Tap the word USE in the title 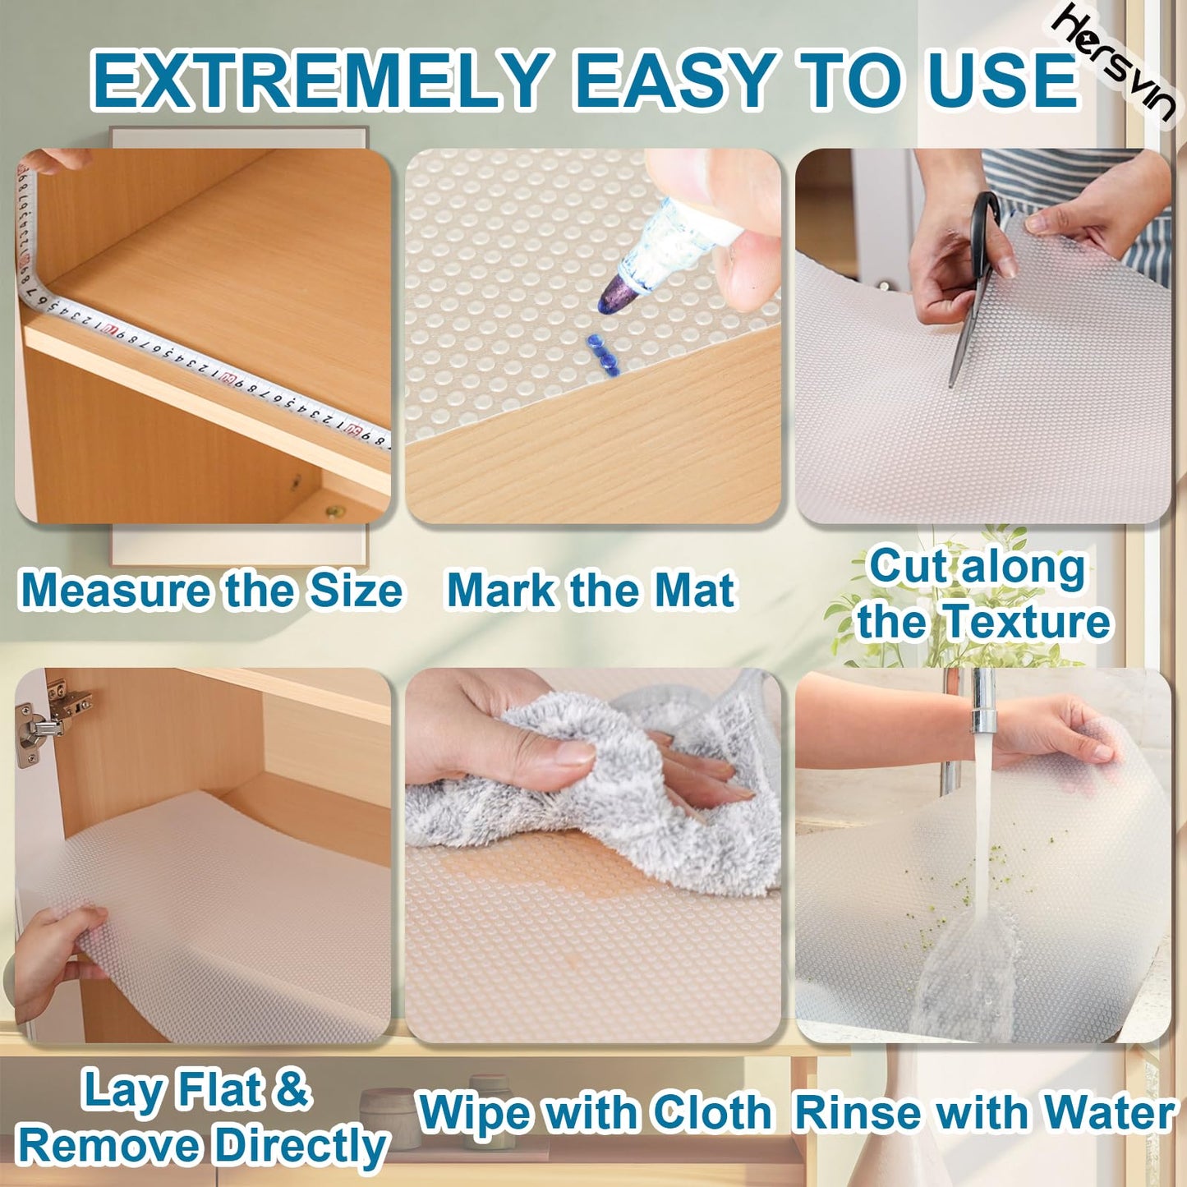pyautogui.click(x=1002, y=81)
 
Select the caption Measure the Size pyautogui.click(x=210, y=591)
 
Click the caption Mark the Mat pyautogui.click(x=590, y=591)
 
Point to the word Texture pyautogui.click(x=1027, y=621)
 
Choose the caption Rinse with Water pyautogui.click(x=984, y=1114)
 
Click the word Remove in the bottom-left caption pyautogui.click(x=112, y=1147)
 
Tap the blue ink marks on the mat pyautogui.click(x=601, y=353)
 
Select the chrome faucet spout pyautogui.click(x=982, y=702)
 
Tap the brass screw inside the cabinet pyautogui.click(x=334, y=513)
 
